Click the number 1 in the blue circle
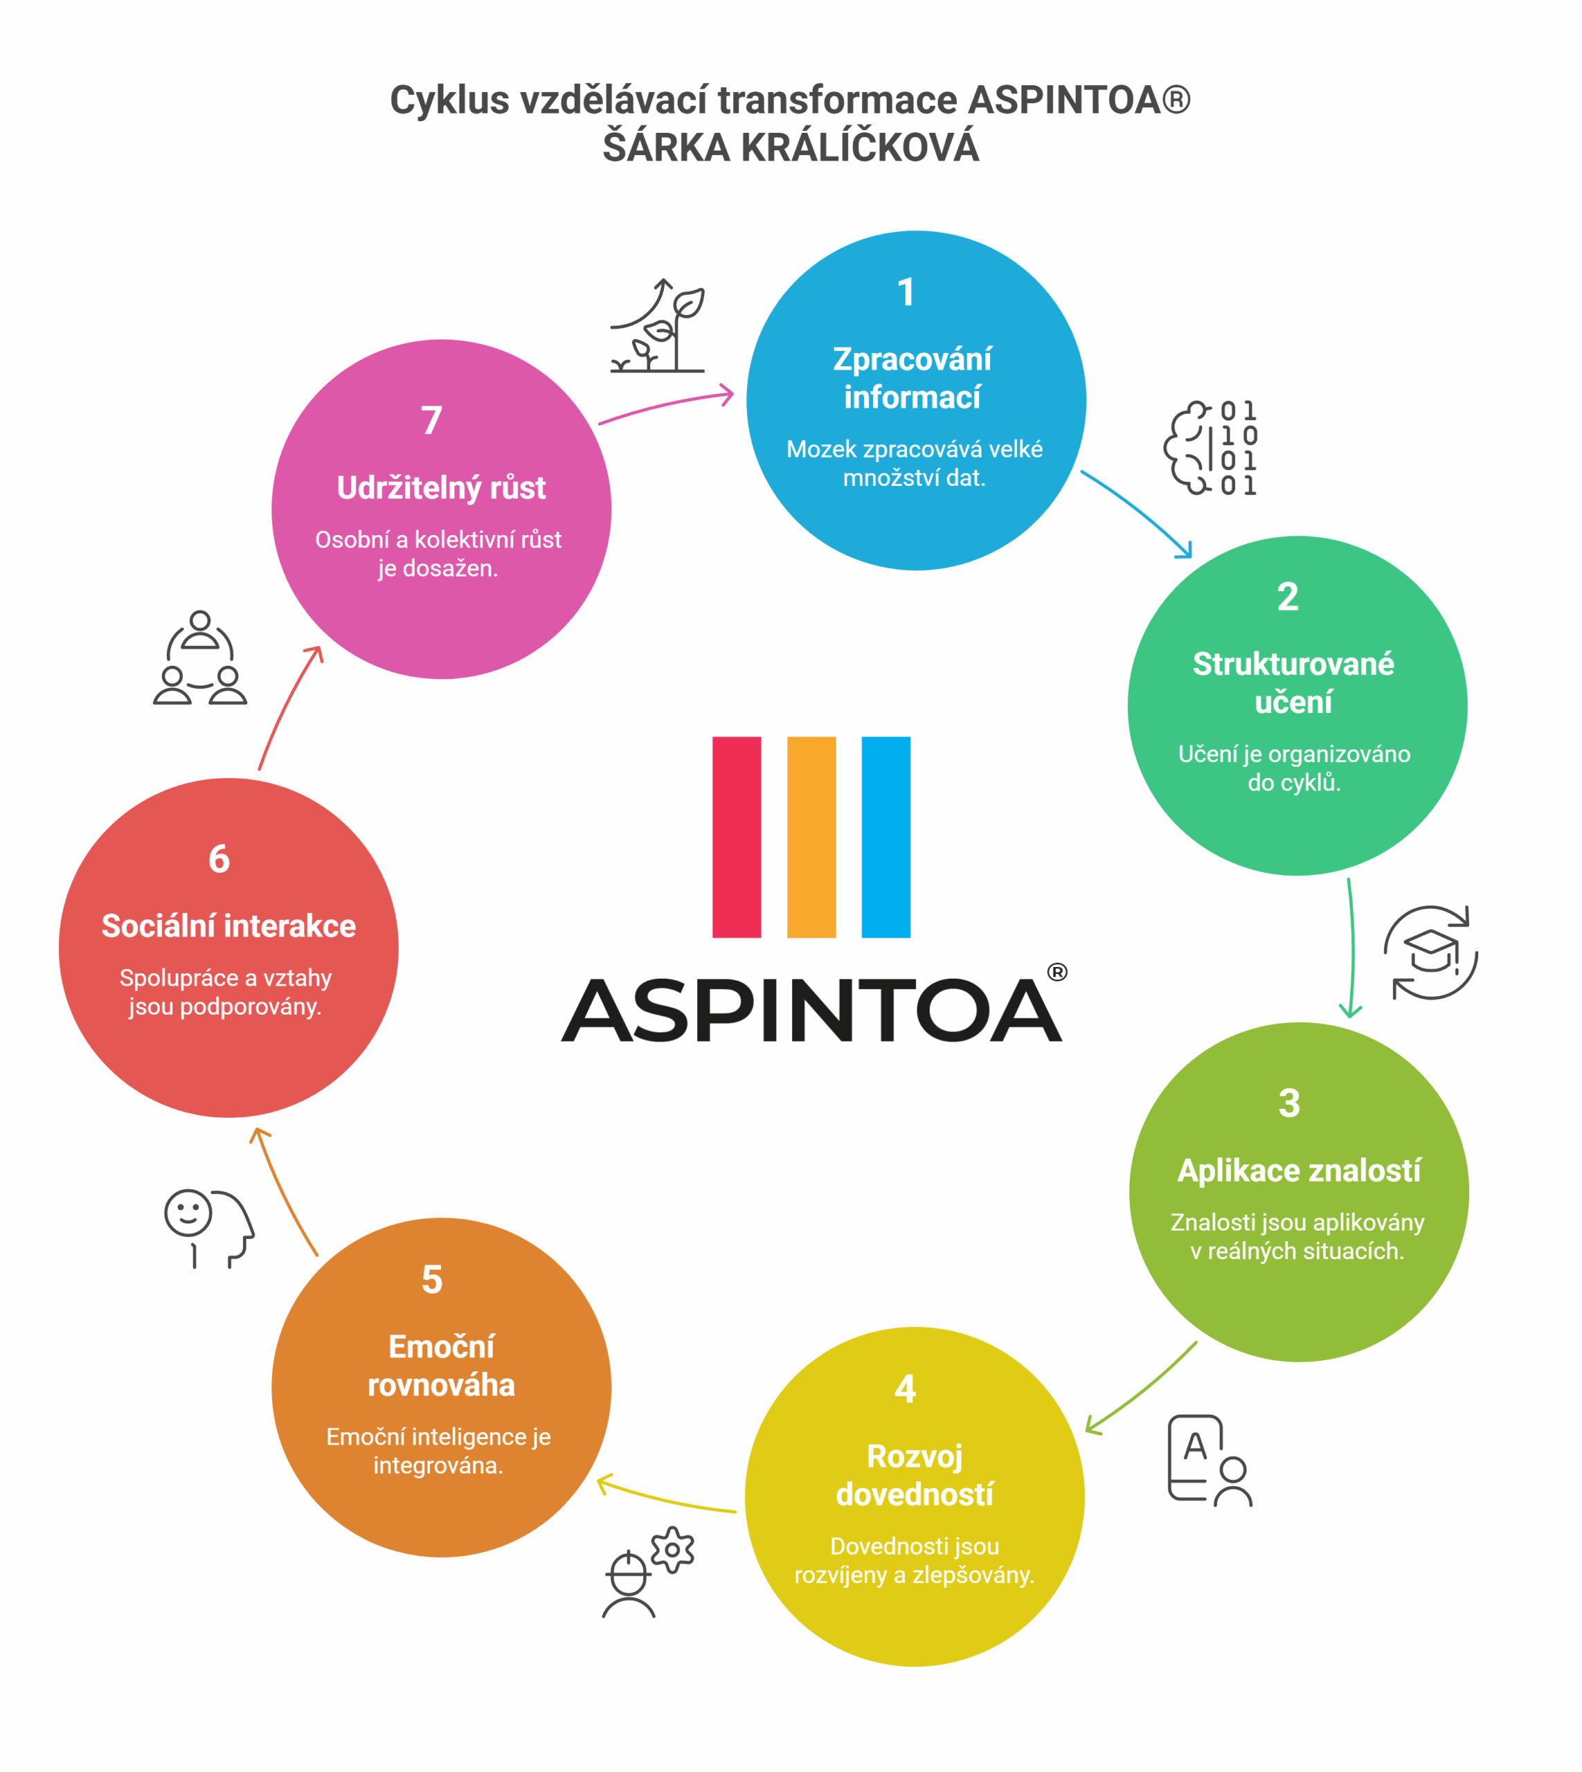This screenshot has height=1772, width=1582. [x=906, y=292]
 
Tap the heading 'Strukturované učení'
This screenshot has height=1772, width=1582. [x=1293, y=682]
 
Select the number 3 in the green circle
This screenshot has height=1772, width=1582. [x=1289, y=1103]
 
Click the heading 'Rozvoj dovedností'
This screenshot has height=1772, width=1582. [x=915, y=1475]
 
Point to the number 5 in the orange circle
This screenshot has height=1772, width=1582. [x=432, y=1279]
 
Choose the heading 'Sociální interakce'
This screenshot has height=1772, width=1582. [x=228, y=925]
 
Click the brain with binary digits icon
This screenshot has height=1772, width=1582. [x=1211, y=448]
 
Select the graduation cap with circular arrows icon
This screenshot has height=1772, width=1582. [x=1431, y=952]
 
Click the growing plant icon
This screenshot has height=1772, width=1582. [x=658, y=326]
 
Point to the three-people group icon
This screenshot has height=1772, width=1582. [x=200, y=657]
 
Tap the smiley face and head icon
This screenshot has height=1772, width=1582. [x=208, y=1229]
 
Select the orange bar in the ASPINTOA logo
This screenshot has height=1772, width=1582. [x=811, y=837]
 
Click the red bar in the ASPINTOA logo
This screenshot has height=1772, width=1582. [x=736, y=837]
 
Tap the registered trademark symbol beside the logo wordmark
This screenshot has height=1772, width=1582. [x=1057, y=972]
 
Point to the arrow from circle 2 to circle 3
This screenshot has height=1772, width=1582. [x=1351, y=948]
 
